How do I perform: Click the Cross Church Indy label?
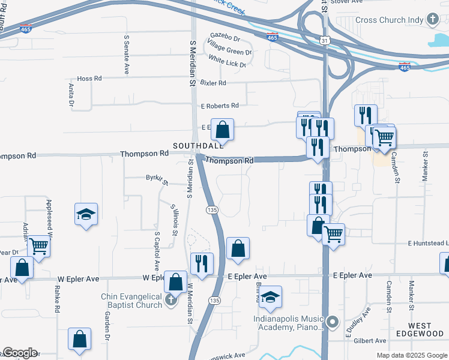coord(390,20)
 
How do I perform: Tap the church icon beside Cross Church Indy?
coord(433,19)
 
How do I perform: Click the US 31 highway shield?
coord(324,40)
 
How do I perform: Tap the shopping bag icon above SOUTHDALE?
coord(222,129)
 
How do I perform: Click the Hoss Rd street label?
coord(90,79)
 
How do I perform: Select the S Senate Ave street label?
coord(127,54)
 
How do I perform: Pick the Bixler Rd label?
coord(213,83)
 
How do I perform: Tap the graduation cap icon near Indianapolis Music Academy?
coord(270,297)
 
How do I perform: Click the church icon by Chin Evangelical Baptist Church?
coord(170,299)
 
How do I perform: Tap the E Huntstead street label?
coord(428,244)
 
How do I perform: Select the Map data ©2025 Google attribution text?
coord(411,355)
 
